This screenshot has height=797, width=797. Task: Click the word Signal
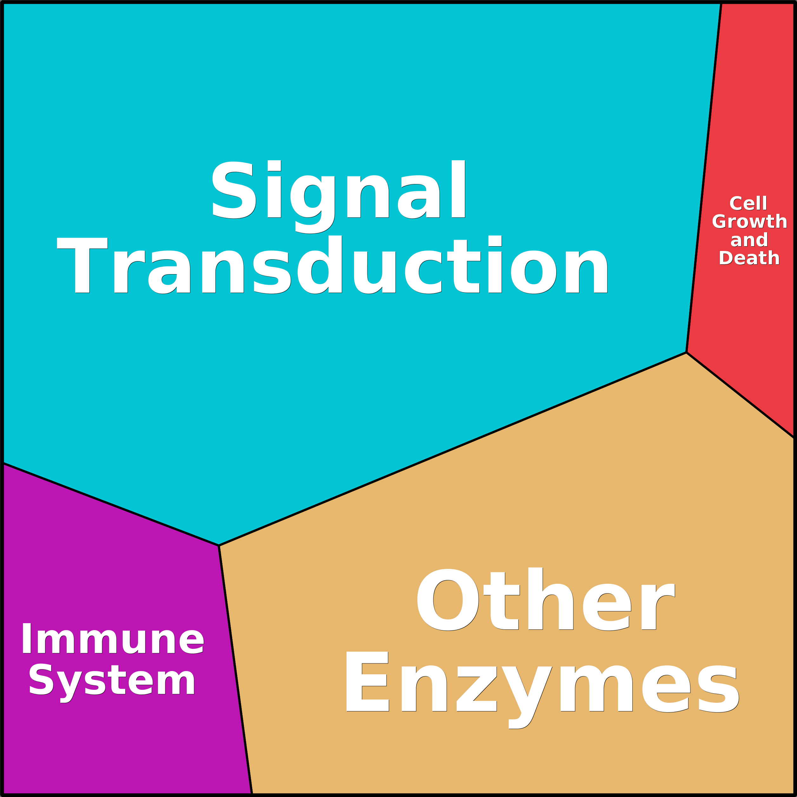pyautogui.click(x=339, y=196)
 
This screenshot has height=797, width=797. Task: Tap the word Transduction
pyautogui.click(x=333, y=265)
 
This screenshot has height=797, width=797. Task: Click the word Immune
pyautogui.click(x=113, y=639)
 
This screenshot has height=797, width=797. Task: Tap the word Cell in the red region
pyautogui.click(x=748, y=203)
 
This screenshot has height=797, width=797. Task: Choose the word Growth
pyautogui.click(x=749, y=221)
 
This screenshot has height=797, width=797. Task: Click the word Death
pyautogui.click(x=749, y=258)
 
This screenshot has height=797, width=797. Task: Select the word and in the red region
pyautogui.click(x=749, y=240)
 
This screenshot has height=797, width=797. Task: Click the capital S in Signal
pyautogui.click(x=234, y=189)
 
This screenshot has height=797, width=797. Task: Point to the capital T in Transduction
pyautogui.click(x=82, y=265)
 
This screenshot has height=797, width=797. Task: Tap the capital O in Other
pyautogui.click(x=448, y=599)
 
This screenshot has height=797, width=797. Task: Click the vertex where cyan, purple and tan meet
pyautogui.click(x=219, y=545)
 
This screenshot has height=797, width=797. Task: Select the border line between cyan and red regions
pyautogui.click(x=704, y=177)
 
